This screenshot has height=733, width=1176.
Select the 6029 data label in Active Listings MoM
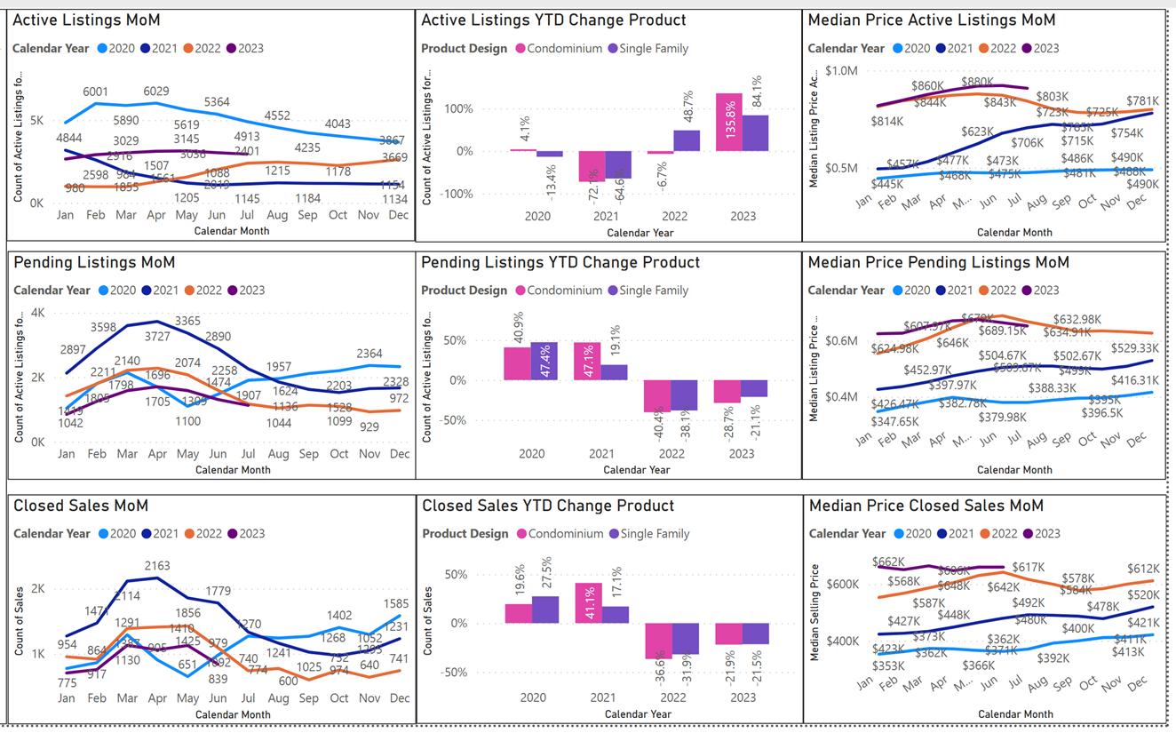(x=155, y=92)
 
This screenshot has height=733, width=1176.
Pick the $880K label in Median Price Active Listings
(x=977, y=82)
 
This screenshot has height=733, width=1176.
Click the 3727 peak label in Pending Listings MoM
(x=157, y=337)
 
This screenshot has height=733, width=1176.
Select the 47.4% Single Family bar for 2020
(x=544, y=361)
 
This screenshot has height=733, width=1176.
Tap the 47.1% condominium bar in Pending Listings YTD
(x=587, y=361)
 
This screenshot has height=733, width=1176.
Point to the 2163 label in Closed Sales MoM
(x=157, y=565)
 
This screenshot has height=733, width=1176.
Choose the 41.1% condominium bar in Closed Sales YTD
(x=587, y=602)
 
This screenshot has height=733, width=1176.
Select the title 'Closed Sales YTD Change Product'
(x=548, y=506)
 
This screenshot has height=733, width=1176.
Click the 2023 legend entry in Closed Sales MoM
(x=245, y=533)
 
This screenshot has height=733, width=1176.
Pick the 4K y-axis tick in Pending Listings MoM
(x=37, y=313)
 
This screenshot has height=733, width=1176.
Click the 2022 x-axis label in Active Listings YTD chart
(x=673, y=216)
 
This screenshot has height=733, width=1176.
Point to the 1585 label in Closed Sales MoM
(x=396, y=604)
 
